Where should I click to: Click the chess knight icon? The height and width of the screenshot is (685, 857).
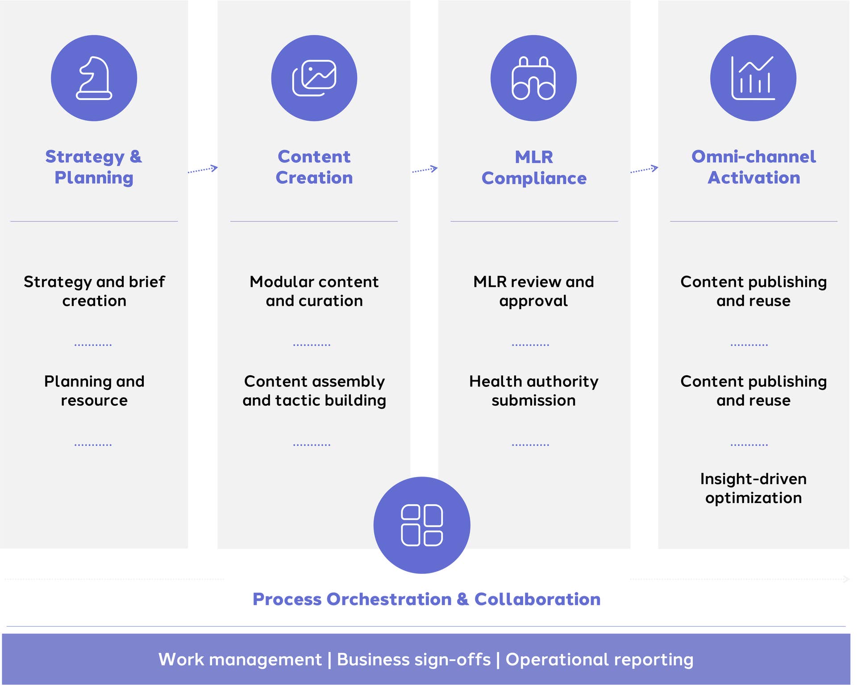(x=94, y=78)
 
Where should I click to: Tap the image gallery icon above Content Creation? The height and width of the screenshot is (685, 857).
(x=314, y=78)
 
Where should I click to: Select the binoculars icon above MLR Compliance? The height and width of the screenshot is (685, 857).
(x=533, y=78)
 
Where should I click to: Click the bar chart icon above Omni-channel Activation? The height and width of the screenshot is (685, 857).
(x=753, y=78)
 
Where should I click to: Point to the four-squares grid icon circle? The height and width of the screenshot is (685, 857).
(x=422, y=525)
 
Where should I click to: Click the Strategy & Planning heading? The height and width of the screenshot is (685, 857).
(x=94, y=167)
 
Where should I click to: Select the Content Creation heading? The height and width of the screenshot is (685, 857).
(x=314, y=167)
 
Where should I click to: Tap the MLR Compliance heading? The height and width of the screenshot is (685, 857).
(x=534, y=167)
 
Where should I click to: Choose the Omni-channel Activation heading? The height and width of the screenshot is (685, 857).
(x=753, y=167)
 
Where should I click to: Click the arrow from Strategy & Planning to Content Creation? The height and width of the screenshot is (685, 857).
(x=203, y=169)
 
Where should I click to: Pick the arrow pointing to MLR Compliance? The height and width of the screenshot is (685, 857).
(x=424, y=170)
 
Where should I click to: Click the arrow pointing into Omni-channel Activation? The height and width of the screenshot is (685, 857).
(x=644, y=170)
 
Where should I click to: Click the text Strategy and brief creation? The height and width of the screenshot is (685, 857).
(x=94, y=291)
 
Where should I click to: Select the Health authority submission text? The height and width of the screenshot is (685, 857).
(x=533, y=390)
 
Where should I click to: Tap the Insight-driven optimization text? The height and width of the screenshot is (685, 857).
(x=753, y=488)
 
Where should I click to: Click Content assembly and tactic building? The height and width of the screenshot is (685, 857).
(x=314, y=390)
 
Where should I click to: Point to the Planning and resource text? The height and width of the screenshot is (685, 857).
(x=94, y=390)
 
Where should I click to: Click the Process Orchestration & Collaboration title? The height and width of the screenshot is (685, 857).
(x=426, y=599)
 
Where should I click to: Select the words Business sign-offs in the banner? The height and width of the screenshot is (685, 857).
(x=414, y=659)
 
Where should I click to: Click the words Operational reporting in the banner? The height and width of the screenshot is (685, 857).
(x=599, y=659)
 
